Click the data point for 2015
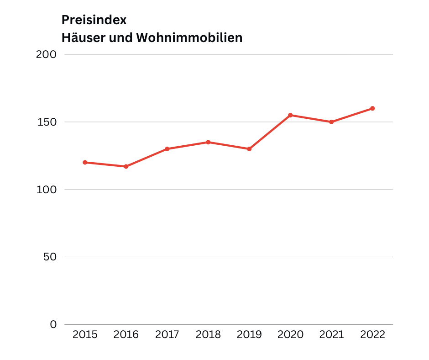[85, 162]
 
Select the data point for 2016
[126, 166]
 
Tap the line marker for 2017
[167, 149]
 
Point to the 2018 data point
[208, 142]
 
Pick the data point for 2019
[249, 149]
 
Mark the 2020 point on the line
[290, 115]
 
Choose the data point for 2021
[331, 122]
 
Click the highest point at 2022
[372, 108]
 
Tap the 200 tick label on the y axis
[46, 54]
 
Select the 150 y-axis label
[46, 122]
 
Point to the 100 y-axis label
[46, 189]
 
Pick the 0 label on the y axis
[53, 324]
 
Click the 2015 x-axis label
[85, 334]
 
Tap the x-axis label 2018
[208, 334]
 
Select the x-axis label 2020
[290, 334]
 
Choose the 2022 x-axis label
[372, 334]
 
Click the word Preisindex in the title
[94, 20]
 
